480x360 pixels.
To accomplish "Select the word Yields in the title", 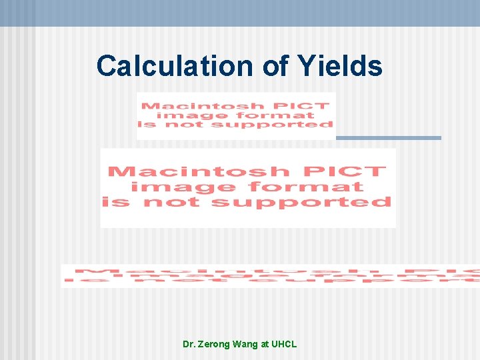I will pos(339,66).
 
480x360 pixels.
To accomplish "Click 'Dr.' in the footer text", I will pos(189,344).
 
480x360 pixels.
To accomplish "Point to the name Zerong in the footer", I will pos(215,344).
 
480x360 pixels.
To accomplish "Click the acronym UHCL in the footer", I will pos(284,344).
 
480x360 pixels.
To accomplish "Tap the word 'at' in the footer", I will pos(265,344).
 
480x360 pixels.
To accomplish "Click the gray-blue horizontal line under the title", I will pos(388,138).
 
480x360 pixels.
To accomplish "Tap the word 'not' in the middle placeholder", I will pos(178,202).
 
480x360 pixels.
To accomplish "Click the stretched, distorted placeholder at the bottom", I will pos(270,276).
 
